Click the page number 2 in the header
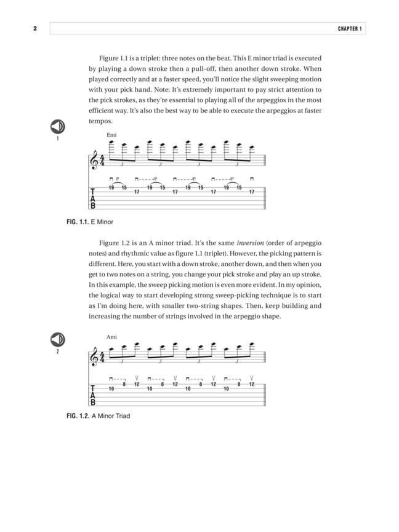(35, 29)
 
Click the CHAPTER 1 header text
(350, 29)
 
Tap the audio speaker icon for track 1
(57, 126)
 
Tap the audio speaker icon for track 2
(57, 339)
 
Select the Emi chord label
(111, 135)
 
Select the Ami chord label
(111, 337)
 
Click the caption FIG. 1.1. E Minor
(90, 222)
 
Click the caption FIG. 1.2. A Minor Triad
(98, 416)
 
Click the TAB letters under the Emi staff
(93, 199)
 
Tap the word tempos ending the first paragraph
(100, 121)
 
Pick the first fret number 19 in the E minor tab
(111, 187)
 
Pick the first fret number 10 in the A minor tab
(111, 389)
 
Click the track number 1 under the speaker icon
(57, 139)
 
